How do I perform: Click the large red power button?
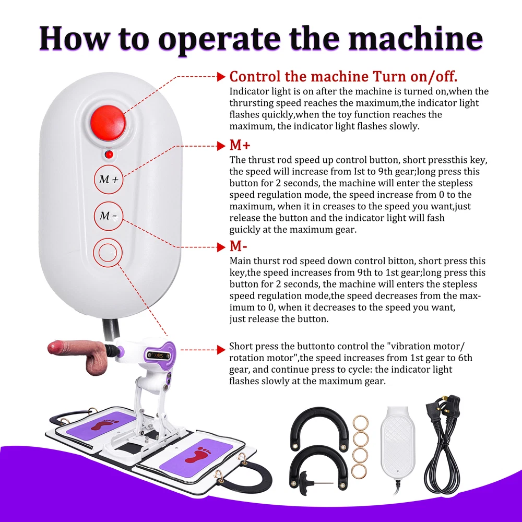pyautogui.click(x=108, y=123)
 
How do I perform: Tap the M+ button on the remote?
pyautogui.click(x=109, y=180)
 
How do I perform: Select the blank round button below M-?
pyautogui.click(x=108, y=252)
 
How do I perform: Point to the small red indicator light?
pyautogui.click(x=109, y=154)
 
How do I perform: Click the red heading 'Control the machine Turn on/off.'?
pyautogui.click(x=343, y=76)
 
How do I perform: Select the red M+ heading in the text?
pyautogui.click(x=240, y=145)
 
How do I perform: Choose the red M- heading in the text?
pyautogui.click(x=239, y=246)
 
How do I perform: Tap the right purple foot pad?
pyautogui.click(x=195, y=455)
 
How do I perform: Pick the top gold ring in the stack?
pyautogui.click(x=361, y=423)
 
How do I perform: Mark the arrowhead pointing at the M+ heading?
pyautogui.click(x=221, y=146)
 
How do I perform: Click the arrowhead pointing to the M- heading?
pyautogui.click(x=221, y=247)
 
